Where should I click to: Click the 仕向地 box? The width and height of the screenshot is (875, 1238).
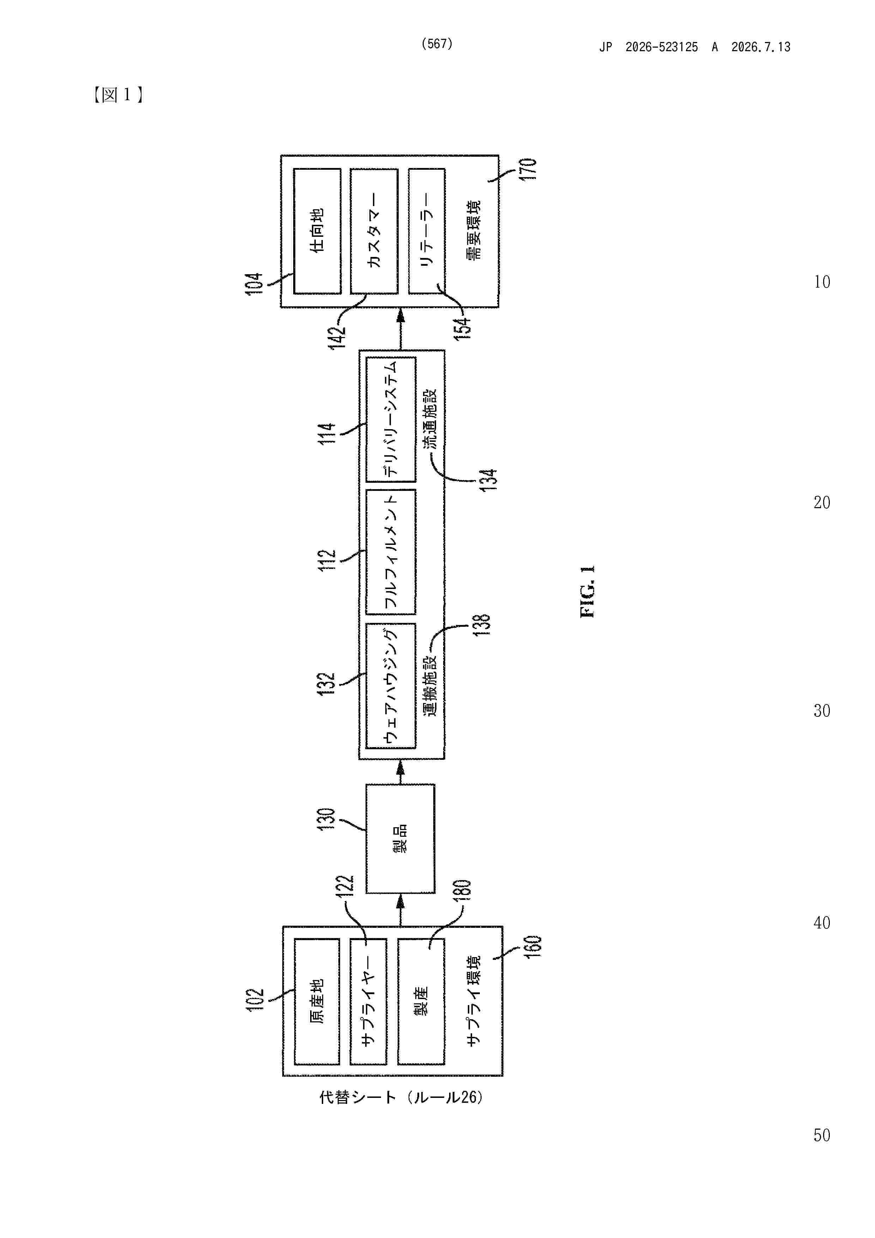317,231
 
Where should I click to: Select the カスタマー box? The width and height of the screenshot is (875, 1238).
374,231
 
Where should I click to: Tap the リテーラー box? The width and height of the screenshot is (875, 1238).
427,231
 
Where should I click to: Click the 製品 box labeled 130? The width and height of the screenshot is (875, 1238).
400,839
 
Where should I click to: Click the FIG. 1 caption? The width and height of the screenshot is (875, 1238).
587,591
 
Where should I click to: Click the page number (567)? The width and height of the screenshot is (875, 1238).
437,44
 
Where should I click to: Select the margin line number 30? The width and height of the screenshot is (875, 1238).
822,711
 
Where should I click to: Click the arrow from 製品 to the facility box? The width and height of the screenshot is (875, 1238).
400,771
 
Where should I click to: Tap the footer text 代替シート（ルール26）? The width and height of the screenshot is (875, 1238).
401,1097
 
